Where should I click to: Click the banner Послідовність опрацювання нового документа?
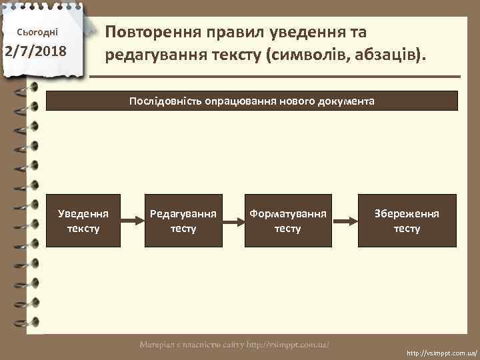coord(252,101)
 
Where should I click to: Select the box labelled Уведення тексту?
coord(83,221)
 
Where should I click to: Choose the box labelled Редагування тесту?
coord(183,221)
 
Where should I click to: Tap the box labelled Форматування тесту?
coord(288,221)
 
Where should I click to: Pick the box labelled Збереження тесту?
coord(407,221)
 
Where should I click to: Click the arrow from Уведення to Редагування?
coord(133,221)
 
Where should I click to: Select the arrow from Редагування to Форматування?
coord(233,221)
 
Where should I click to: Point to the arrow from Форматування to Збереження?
coord(344,221)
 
